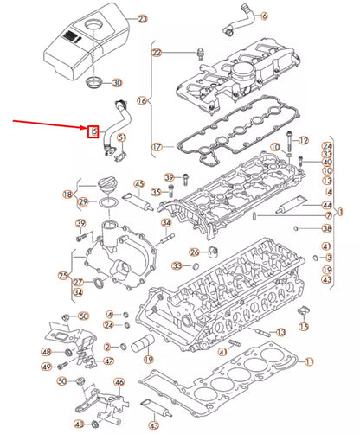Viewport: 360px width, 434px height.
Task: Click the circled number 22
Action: coord(157,53)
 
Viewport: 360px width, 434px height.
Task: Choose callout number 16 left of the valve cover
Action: coord(143,100)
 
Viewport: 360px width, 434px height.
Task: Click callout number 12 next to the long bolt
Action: coord(303,140)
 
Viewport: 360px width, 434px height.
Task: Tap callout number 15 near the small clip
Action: coord(303,327)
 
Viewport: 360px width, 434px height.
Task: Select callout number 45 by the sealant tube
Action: coord(138,184)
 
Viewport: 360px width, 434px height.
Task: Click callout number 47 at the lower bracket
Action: coord(108,361)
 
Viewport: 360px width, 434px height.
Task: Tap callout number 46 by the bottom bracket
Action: coord(119,381)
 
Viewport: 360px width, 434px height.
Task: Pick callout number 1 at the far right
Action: coord(341,210)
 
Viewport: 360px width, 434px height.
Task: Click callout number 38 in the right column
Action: coord(326,228)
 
